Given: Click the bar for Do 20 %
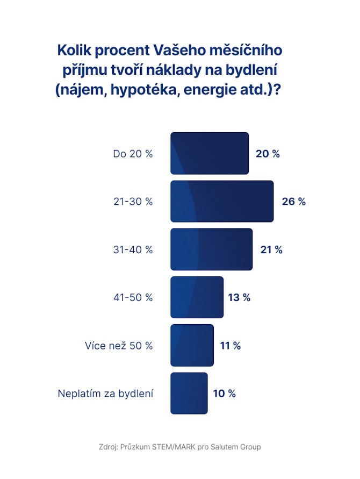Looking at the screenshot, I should (x=210, y=153).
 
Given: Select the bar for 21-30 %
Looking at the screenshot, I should (x=222, y=202).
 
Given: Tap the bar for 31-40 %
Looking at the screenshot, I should (x=211, y=249).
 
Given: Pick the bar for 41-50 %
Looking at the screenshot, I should (x=197, y=297).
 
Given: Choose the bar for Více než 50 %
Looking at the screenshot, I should (x=192, y=345).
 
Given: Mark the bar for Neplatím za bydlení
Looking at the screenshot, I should (x=189, y=393).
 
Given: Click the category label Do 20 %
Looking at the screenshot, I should (x=133, y=154).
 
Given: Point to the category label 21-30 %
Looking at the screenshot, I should (x=133, y=202).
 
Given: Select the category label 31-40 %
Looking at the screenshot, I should (x=133, y=249).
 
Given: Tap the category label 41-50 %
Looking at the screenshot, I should (x=133, y=297).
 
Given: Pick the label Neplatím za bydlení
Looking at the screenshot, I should (x=105, y=394).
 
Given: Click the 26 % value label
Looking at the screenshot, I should (x=293, y=202).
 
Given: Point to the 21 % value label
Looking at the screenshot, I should (x=271, y=249).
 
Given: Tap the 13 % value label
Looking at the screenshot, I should (x=239, y=297).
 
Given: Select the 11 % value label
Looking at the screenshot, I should (x=230, y=345).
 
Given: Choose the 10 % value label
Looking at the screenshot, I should (x=224, y=393).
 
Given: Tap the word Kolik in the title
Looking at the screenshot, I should (x=76, y=51).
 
